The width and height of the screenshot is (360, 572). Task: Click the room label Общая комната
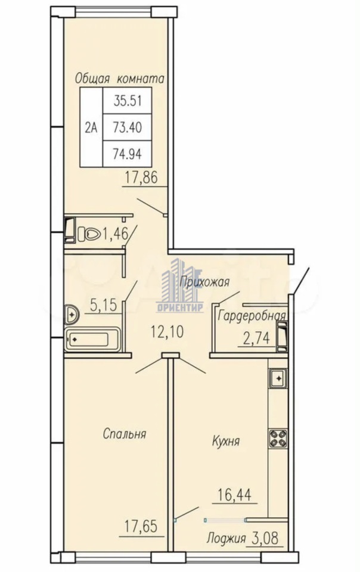click(x=120, y=79)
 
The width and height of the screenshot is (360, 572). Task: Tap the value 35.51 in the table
click(x=128, y=100)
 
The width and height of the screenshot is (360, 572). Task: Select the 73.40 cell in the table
click(x=128, y=128)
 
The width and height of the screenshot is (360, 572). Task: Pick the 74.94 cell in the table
click(x=128, y=154)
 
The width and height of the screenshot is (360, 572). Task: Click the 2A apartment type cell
click(x=92, y=128)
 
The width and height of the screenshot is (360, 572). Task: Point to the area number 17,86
click(x=141, y=178)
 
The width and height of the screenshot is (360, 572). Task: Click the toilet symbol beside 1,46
click(x=89, y=234)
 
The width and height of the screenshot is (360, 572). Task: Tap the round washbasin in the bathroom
click(x=72, y=314)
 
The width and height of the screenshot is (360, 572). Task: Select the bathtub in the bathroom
click(x=92, y=340)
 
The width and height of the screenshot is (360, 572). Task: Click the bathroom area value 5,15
click(x=103, y=305)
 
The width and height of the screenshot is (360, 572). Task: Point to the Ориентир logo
click(x=179, y=285)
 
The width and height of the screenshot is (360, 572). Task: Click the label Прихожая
click(x=204, y=282)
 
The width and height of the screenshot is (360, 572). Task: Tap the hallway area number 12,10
click(x=167, y=332)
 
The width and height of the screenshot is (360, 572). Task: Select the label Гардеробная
click(x=252, y=316)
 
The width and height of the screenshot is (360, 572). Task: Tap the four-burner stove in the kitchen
click(x=278, y=438)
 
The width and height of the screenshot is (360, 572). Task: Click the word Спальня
click(x=125, y=434)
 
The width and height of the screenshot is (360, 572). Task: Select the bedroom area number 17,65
click(x=141, y=526)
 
